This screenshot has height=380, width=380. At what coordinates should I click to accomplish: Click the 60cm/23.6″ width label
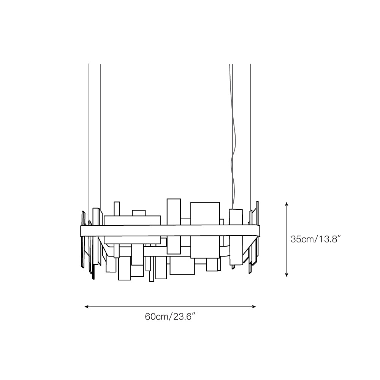(x=170, y=317)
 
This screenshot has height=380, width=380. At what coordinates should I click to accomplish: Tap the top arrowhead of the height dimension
(x=287, y=204)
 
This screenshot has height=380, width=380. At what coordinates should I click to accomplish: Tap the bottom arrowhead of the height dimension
(x=287, y=275)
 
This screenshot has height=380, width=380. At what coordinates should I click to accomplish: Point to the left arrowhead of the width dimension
(x=86, y=307)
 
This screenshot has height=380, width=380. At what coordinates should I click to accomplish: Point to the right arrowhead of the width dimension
(x=254, y=307)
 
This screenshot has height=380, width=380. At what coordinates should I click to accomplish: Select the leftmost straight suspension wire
(x=89, y=142)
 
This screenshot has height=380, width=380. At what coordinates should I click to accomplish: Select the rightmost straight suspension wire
(x=250, y=137)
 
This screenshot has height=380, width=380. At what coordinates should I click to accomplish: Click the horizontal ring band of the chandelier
(x=170, y=231)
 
